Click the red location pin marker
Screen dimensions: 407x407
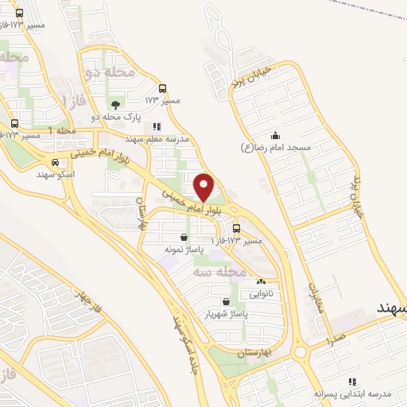coord(204,187)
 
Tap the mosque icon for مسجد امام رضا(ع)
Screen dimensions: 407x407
coord(275,135)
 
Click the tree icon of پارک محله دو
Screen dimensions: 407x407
coord(116,104)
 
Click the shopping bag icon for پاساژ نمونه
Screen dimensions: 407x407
coord(184,237)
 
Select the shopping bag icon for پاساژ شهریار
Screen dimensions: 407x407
coord(227,302)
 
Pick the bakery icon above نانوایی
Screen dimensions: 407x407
coord(261,281)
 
